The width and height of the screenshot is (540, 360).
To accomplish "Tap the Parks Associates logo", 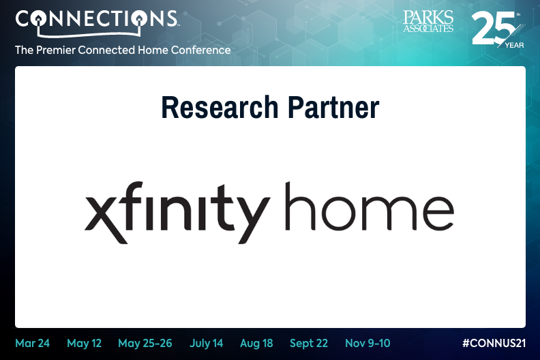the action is [428, 21].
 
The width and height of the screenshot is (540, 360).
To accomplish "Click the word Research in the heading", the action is [220, 107].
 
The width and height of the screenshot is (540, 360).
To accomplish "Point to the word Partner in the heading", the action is [333, 107].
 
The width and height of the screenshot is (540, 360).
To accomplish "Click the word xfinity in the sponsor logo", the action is [177, 213].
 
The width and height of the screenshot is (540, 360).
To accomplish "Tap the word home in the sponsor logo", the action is [370, 207].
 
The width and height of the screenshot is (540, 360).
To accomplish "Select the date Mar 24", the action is [32, 343].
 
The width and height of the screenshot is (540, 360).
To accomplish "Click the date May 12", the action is [84, 344].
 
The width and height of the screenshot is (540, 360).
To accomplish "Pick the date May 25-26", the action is [145, 344].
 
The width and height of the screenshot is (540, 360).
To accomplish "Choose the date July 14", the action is [207, 344].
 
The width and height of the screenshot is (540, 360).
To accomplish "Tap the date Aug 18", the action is [256, 344].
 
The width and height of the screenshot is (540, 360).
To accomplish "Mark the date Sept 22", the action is [309, 344].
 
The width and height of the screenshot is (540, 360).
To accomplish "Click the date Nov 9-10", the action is [367, 343].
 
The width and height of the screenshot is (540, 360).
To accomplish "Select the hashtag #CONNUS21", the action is [494, 343].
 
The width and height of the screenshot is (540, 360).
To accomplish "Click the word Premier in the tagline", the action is [56, 50].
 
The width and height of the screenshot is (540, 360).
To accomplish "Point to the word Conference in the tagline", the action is [200, 50].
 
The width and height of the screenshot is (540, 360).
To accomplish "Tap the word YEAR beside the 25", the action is [515, 45].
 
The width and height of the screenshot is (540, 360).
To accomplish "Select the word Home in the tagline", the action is [153, 50].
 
